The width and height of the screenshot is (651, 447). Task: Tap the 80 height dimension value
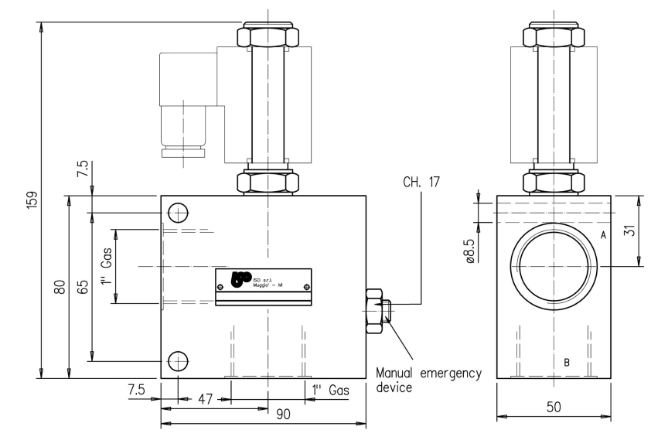pyautogui.click(x=58, y=287)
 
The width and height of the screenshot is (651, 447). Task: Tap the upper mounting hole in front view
pyautogui.click(x=178, y=212)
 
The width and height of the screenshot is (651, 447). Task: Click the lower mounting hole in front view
pyautogui.click(x=178, y=360)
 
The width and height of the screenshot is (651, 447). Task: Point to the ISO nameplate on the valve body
pyautogui.click(x=263, y=283)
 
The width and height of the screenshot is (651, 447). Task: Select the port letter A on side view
pyautogui.click(x=602, y=236)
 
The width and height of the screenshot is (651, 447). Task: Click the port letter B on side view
pyautogui.click(x=567, y=362)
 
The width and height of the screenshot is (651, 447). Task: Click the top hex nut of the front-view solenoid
pyautogui.click(x=268, y=36)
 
